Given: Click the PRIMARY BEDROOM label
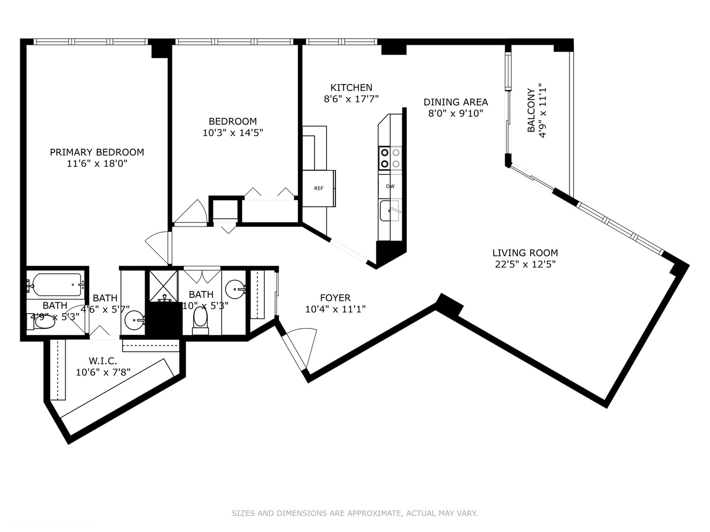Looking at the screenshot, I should click(x=97, y=152).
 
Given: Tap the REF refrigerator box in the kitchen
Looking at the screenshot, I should click(x=319, y=188).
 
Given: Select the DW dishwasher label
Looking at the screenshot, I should click(x=390, y=186).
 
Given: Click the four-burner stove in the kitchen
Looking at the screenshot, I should click(x=390, y=158).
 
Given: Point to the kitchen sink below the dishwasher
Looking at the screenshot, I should click(x=390, y=211).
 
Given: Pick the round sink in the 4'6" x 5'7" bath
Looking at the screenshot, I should click(x=134, y=321).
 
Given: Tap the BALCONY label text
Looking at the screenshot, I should click(x=531, y=110).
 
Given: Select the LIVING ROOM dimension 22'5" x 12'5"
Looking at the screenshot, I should click(x=525, y=264).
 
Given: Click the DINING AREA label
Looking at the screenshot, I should click(x=456, y=102).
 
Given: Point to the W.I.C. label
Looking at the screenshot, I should click(x=103, y=361).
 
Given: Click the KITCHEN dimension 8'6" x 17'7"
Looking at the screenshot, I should click(x=351, y=99).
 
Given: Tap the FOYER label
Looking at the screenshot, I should click(x=335, y=298).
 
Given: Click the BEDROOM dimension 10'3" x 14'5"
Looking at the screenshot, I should click(x=233, y=133).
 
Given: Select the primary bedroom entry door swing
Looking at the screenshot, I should click(x=158, y=246).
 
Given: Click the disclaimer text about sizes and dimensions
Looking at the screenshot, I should click(x=355, y=513).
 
